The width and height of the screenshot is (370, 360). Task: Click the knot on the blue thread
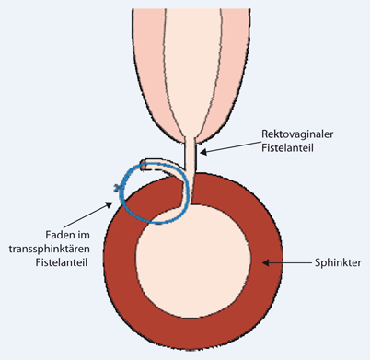pos(116,189)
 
